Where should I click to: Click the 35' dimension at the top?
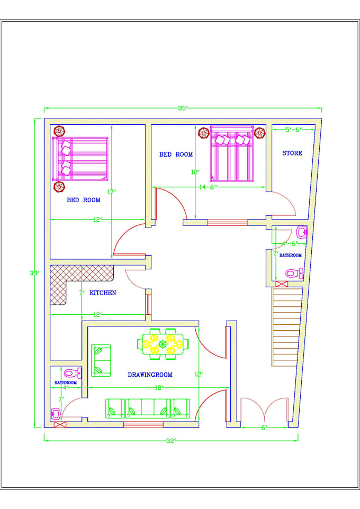click(x=183, y=108)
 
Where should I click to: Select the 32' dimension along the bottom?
click(x=170, y=440)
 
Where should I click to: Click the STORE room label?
click(x=292, y=153)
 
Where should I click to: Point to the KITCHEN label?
click(x=103, y=293)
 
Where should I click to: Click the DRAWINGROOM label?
click(x=150, y=375)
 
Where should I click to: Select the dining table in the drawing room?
click(x=163, y=344)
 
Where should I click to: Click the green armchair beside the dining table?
click(x=101, y=361)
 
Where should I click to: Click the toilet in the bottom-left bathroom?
click(x=73, y=373)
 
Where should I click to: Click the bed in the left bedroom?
click(x=79, y=159)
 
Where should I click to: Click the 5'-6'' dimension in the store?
click(x=293, y=130)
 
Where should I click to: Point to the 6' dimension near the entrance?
click(x=263, y=428)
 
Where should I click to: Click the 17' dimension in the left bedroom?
click(x=111, y=192)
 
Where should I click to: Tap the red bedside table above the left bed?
click(x=59, y=130)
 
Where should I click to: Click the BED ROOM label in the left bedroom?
click(x=83, y=201)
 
